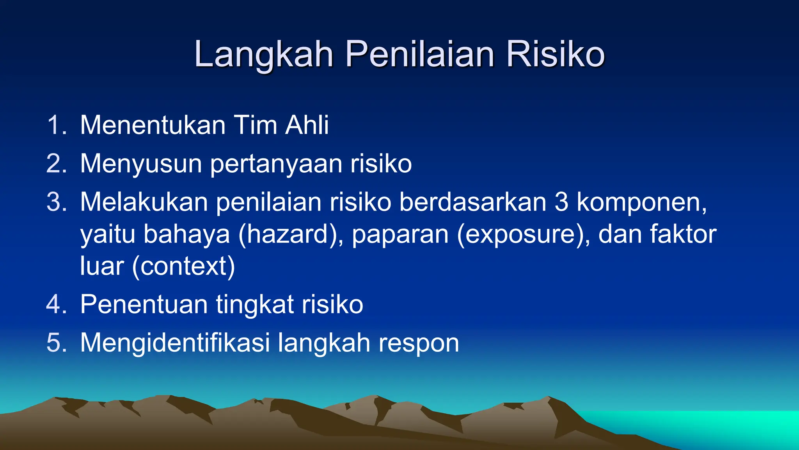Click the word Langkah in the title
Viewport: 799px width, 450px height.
(x=264, y=55)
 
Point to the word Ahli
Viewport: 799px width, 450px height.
(x=307, y=125)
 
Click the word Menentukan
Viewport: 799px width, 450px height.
(x=153, y=125)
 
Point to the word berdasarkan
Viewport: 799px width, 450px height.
(x=472, y=202)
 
